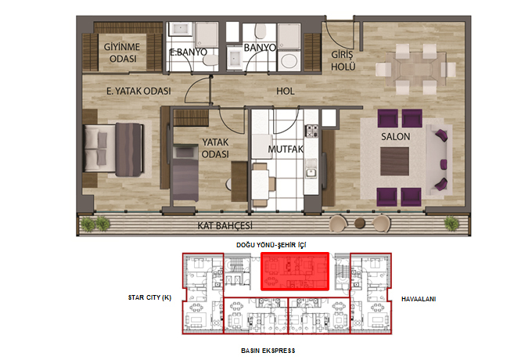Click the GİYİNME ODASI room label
point(122,52)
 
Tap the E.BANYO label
point(189,52)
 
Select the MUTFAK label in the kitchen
point(286,149)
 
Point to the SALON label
point(395,137)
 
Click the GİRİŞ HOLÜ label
point(343,61)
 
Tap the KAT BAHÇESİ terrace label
point(225,225)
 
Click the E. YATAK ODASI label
point(138,91)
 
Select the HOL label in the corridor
point(286,91)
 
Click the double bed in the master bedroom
point(113,149)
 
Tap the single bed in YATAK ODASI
point(185,172)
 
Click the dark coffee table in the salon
point(394,161)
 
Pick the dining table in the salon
point(415,69)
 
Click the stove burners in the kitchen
point(312,131)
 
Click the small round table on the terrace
point(360,223)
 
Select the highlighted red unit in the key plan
point(295,271)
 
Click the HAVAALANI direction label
point(419,299)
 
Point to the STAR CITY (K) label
point(149,297)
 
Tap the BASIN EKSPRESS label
point(268,351)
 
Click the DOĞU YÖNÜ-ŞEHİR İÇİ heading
point(271,245)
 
